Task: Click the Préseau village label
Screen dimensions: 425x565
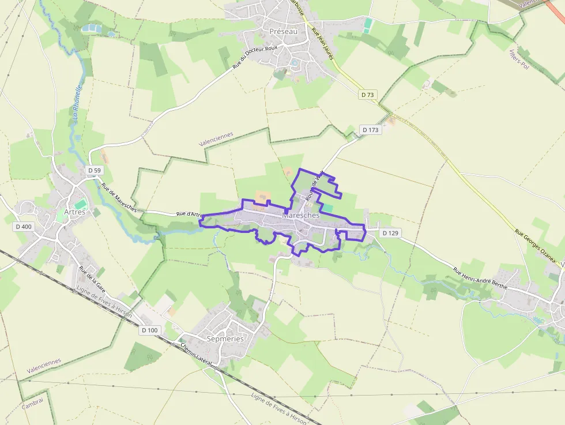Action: (283, 31)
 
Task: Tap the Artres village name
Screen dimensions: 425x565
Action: (74, 212)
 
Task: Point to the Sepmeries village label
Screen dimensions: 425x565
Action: (225, 339)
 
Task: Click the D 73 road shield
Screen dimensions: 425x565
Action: (367, 95)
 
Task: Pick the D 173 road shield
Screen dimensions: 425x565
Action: (371, 130)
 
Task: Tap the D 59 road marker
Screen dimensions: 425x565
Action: (95, 171)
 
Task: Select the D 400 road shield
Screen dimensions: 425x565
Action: (24, 227)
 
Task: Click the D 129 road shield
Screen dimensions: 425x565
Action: (390, 233)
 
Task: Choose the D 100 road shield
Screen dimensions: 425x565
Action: (149, 330)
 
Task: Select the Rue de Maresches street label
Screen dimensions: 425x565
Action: (119, 198)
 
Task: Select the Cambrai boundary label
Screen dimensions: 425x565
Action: (32, 405)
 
